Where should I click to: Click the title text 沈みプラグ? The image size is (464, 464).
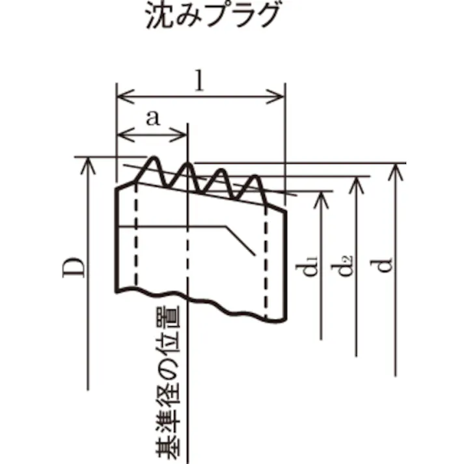[x=213, y=16]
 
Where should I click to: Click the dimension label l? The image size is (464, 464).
[x=201, y=80]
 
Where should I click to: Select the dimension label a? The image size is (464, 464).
[x=154, y=119]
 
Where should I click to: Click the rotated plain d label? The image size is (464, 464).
[x=385, y=266]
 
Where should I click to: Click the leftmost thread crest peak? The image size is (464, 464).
[x=154, y=157]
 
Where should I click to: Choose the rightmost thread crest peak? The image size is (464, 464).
[x=254, y=176]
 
